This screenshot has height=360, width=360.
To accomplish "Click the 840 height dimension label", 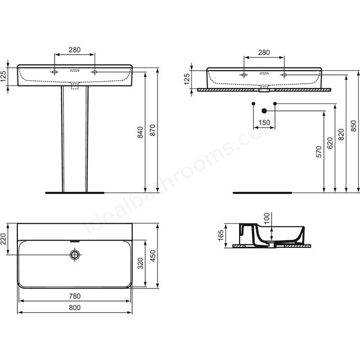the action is click(140, 132).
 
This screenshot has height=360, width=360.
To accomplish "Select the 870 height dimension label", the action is click(152, 130).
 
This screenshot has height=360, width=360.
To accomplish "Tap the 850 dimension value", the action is click(354, 126).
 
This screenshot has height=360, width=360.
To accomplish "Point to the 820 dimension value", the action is click(341, 134).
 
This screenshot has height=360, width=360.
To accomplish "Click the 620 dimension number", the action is click(330, 143).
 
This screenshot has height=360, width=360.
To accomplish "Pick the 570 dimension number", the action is click(319, 151).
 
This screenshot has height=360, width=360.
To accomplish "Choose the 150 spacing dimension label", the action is click(264, 123).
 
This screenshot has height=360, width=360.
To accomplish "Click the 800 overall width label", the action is click(75, 308).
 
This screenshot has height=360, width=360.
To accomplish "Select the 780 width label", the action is click(75, 296).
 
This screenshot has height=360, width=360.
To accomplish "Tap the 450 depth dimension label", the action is click(152, 256).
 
